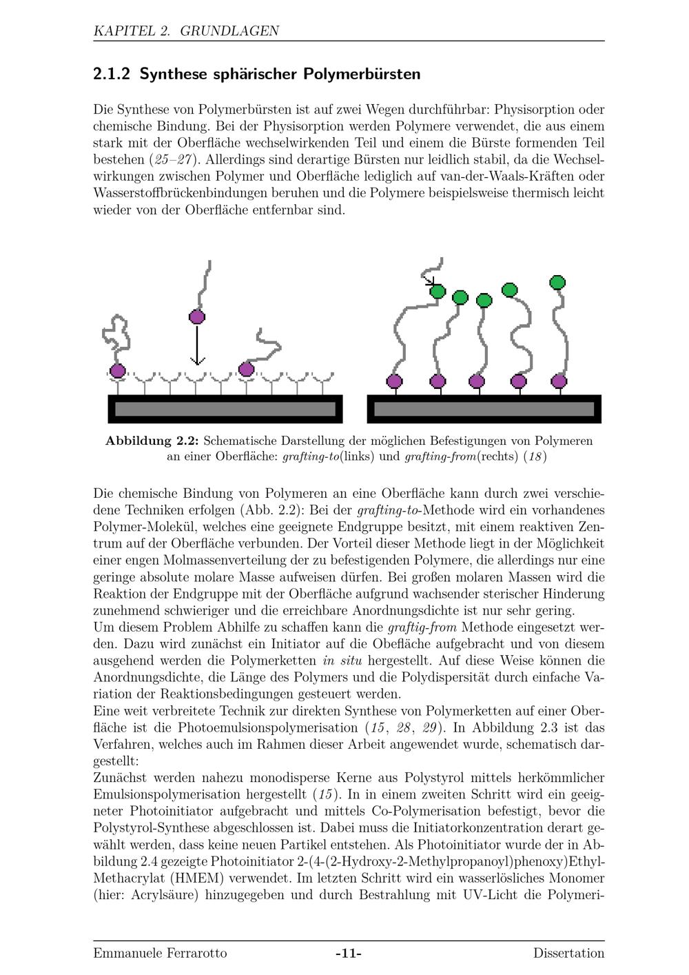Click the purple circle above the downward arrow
pyautogui.click(x=197, y=317)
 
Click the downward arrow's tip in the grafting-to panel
pyautogui.click(x=197, y=363)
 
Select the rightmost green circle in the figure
pyautogui.click(x=557, y=282)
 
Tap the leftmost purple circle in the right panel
pyautogui.click(x=394, y=381)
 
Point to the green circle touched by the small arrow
pyautogui.click(x=438, y=292)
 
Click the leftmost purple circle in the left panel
pyautogui.click(x=118, y=371)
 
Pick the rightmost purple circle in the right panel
pyautogui.click(x=559, y=381)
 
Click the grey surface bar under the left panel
pyautogui.click(x=225, y=409)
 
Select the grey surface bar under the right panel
pyautogui.click(x=484, y=409)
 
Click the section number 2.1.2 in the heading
pyautogui.click(x=112, y=74)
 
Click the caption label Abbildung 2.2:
pyautogui.click(x=152, y=441)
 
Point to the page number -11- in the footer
pyautogui.click(x=349, y=954)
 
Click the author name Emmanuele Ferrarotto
pyautogui.click(x=160, y=954)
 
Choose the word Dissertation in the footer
pyautogui.click(x=568, y=954)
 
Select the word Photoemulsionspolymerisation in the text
pyautogui.click(x=269, y=728)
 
